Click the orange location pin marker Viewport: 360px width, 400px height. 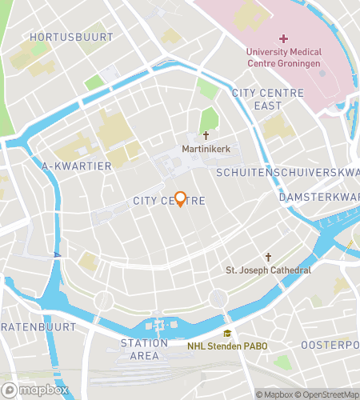pyautogui.click(x=181, y=199)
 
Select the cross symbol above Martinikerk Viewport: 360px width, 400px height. pyautogui.click(x=206, y=136)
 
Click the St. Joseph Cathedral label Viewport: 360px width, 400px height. pyautogui.click(x=268, y=270)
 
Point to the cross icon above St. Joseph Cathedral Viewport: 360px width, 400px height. pyautogui.click(x=268, y=257)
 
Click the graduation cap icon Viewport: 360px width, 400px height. pyautogui.click(x=228, y=334)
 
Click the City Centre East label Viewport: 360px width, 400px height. pyautogui.click(x=268, y=99)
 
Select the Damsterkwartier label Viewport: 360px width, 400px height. pyautogui.click(x=319, y=197)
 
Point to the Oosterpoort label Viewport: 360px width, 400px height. pyautogui.click(x=330, y=344)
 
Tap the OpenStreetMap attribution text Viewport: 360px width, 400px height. pyautogui.click(x=329, y=394)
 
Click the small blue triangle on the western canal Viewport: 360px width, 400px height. pyautogui.click(x=57, y=254)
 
